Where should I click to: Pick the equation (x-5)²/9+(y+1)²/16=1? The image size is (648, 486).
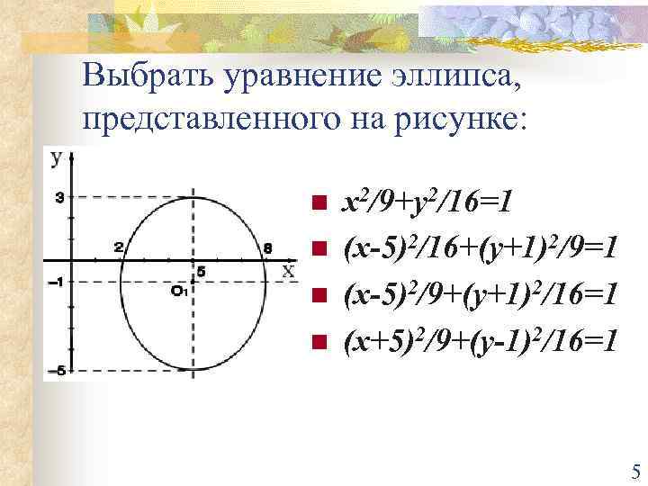pos(478,293)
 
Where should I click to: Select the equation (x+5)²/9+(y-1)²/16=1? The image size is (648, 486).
pos(478,340)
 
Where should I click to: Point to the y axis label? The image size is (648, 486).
pos(56,158)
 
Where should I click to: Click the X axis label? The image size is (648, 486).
pos(288,270)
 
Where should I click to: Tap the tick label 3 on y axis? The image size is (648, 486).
pos(58,197)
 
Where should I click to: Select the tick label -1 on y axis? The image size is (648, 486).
pos(56,282)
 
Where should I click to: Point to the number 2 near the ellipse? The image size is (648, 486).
pos(118,247)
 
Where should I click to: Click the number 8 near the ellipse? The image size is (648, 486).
pos(267,247)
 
